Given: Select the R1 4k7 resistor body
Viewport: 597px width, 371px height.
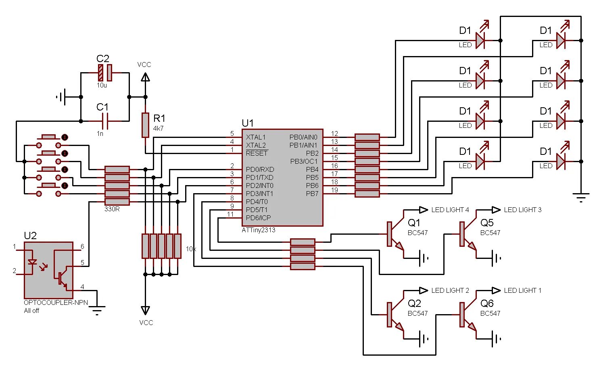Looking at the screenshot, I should (145, 125).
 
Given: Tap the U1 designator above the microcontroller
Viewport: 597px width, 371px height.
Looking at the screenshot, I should (248, 123).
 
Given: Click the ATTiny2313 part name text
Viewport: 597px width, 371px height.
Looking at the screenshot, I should (259, 230).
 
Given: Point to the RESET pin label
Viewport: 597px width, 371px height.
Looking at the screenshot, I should (257, 153).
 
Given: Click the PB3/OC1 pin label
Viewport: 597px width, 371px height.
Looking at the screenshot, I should (304, 161).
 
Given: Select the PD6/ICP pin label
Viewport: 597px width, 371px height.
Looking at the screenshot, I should (258, 218).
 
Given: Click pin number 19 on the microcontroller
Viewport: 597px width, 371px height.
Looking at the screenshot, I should (334, 190).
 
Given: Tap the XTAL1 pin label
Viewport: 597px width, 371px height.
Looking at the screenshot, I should (256, 137).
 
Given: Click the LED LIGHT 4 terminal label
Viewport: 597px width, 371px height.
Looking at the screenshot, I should (450, 210).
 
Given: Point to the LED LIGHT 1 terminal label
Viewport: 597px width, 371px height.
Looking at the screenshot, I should (522, 290).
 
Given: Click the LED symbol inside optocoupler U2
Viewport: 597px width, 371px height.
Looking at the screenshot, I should (32, 262).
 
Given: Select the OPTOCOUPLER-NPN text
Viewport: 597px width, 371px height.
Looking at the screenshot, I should (56, 302).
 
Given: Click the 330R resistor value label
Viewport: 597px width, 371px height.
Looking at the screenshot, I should (112, 209).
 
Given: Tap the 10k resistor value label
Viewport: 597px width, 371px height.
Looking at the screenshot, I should (191, 249).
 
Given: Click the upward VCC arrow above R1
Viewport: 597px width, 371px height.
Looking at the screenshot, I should (145, 77).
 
